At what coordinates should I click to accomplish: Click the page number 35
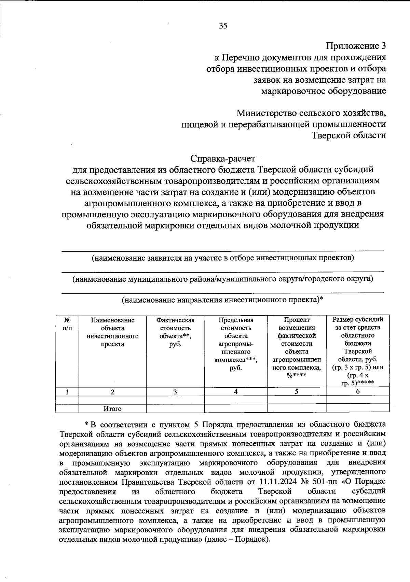click(x=223, y=26)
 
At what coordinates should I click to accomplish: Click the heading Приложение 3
click(x=356, y=46)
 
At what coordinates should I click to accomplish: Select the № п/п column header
click(x=67, y=324)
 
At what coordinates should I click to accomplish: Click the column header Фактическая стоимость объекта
click(x=175, y=332)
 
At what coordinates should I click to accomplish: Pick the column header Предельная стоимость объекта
click(x=236, y=344)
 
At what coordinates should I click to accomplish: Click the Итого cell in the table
click(x=112, y=408)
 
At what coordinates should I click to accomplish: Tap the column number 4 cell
click(x=236, y=392)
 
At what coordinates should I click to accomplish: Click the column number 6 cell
click(x=358, y=392)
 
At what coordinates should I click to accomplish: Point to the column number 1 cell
click(x=67, y=392)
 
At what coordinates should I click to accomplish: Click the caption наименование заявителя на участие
click(x=223, y=258)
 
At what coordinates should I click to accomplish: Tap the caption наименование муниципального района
click(x=223, y=279)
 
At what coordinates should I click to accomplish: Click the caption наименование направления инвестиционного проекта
click(x=223, y=300)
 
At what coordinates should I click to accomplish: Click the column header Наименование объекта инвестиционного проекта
click(x=112, y=332)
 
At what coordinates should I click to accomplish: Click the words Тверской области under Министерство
click(x=349, y=136)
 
